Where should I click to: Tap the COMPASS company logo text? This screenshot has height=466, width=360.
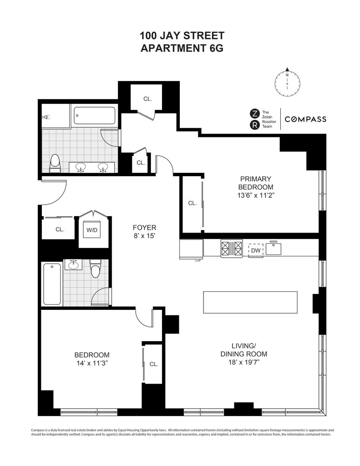pyautogui.click(x=305, y=119)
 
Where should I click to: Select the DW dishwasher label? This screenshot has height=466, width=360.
pyautogui.click(x=255, y=250)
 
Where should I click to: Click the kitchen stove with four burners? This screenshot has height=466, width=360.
pyautogui.click(x=231, y=248)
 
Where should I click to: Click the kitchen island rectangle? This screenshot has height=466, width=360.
pyautogui.click(x=250, y=302)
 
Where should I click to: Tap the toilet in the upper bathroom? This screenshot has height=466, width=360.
pyautogui.click(x=55, y=164)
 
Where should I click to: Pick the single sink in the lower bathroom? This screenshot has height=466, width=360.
pyautogui.click(x=73, y=265)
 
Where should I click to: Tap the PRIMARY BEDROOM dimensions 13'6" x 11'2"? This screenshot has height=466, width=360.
pyautogui.click(x=255, y=196)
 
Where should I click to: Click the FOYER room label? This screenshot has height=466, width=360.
pyautogui.click(x=144, y=227)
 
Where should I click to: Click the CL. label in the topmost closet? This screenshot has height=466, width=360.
pyautogui.click(x=148, y=99)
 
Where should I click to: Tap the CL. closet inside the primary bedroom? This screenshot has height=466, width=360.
pyautogui.click(x=192, y=204)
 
